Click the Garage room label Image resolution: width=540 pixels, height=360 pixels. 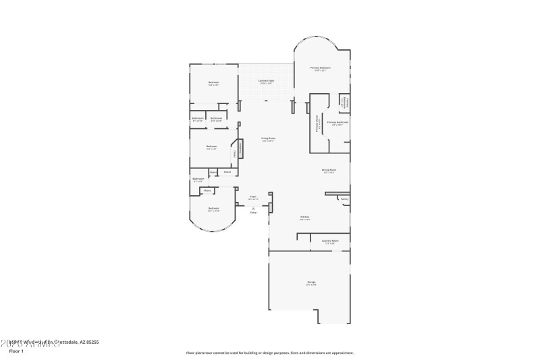click(x=311, y=282)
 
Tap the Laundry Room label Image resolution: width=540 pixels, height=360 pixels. click(x=330, y=241)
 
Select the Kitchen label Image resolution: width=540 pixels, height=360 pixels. click(x=304, y=217)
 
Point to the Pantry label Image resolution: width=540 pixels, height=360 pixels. click(x=344, y=200)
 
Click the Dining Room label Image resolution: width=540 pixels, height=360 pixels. click(x=329, y=171)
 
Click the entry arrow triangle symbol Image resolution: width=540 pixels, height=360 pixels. click(x=253, y=209)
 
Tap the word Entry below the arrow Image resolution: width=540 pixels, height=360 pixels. click(x=253, y=213)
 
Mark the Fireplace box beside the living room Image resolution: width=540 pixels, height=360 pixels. click(x=238, y=149)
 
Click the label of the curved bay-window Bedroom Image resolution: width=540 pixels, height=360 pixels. click(x=213, y=209)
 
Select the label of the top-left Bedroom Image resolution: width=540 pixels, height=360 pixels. click(x=213, y=84)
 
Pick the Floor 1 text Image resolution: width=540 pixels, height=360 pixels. click(x=16, y=351)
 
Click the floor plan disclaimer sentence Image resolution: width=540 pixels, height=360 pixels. click(x=269, y=353)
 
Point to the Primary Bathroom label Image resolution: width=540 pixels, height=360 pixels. click(x=337, y=123)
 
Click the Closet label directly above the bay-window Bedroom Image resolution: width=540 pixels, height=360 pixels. click(x=208, y=191)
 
